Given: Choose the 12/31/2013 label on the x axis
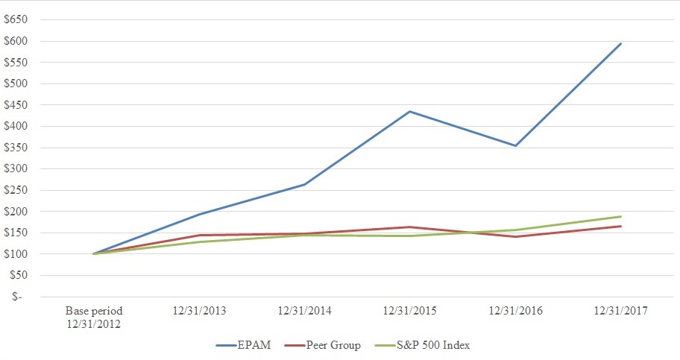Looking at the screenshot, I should [199, 311].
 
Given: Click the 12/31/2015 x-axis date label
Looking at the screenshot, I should [409, 311].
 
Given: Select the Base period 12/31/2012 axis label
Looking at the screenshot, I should [93, 316].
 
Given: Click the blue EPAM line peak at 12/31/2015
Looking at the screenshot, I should [409, 112].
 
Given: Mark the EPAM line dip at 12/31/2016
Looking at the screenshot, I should [514, 145].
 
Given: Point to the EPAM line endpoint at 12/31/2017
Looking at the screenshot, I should [620, 43].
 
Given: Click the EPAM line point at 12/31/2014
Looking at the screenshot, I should [304, 184].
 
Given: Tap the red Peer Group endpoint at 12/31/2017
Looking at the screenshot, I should [620, 226].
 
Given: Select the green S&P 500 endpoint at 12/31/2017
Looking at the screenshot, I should [620, 216].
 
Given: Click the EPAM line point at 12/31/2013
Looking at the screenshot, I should [199, 215].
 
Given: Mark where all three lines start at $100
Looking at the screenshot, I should [93, 253].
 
